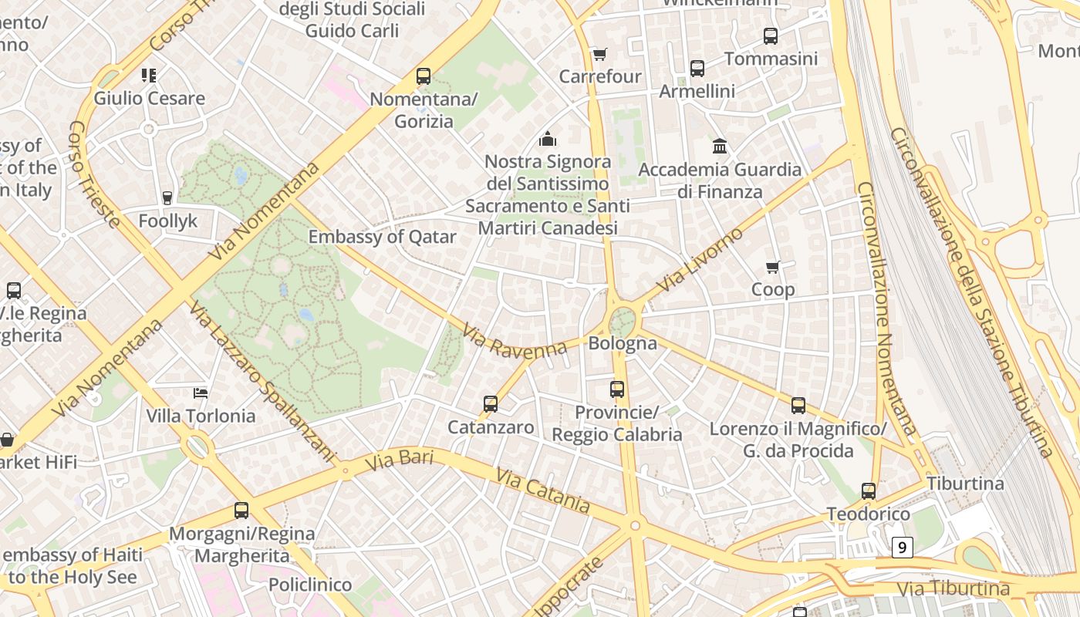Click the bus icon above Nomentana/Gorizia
click(424, 76)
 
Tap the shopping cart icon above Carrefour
click(599, 54)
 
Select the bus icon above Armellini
click(697, 69)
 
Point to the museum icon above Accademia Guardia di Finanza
click(720, 146)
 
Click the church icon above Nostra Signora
click(548, 139)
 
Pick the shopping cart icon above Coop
click(773, 267)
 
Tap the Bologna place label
click(623, 343)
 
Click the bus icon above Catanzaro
click(491, 403)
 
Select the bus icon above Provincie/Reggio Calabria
click(617, 389)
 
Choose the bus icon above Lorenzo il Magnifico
click(798, 405)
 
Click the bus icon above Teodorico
click(869, 491)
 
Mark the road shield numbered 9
click(902, 548)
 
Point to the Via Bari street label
click(399, 461)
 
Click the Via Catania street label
click(544, 491)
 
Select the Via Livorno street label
click(700, 259)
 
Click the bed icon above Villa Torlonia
click(201, 393)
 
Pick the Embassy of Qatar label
click(383, 237)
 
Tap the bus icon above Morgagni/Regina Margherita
click(241, 511)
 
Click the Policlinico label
click(310, 585)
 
